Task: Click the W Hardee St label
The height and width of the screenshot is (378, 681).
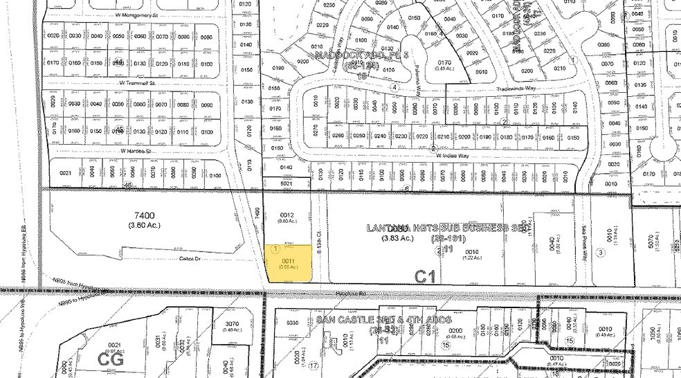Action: click(136, 150)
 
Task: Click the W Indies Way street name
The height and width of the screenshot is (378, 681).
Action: click(452, 156)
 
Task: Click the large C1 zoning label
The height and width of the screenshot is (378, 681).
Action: click(426, 276)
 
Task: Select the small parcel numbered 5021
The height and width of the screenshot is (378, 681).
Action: click(287, 183)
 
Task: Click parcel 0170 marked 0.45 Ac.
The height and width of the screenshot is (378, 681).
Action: click(444, 64)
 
